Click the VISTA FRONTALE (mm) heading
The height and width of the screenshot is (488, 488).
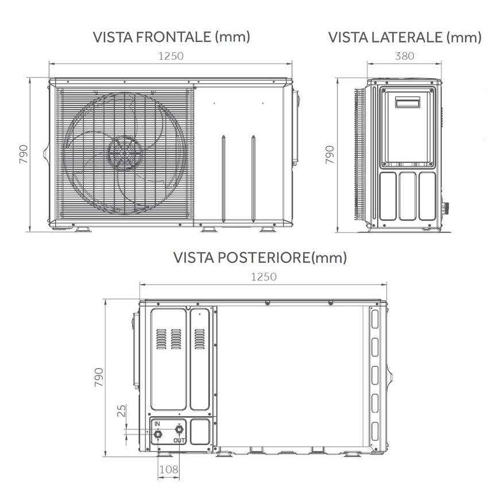point(172,37)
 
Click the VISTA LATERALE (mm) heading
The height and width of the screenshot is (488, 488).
point(404,37)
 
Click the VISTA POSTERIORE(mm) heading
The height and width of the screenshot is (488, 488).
point(260,258)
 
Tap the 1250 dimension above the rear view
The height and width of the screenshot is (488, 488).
point(264,277)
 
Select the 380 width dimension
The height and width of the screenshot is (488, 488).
point(404,56)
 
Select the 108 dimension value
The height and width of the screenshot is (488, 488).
point(168,470)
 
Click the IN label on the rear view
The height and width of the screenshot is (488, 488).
point(157,424)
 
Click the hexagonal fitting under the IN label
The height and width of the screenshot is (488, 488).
point(157,435)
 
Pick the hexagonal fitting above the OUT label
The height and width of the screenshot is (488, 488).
point(179,429)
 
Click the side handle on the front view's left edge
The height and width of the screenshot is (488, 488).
point(46,154)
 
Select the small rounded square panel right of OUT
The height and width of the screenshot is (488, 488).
point(200,431)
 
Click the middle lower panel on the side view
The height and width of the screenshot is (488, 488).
point(408,196)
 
